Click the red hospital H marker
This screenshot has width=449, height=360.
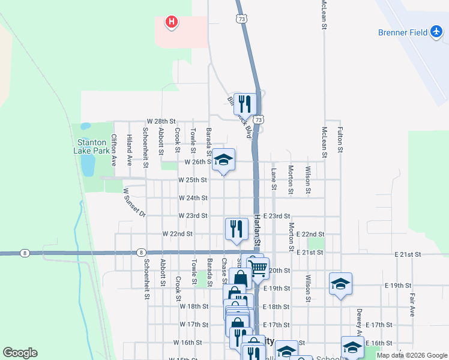(x=172, y=23)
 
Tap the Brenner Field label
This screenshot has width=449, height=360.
(x=402, y=32)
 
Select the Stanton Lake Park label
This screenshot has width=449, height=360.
(x=92, y=147)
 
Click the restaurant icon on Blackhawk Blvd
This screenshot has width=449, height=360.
(x=245, y=103)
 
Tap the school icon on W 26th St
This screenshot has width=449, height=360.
(x=224, y=160)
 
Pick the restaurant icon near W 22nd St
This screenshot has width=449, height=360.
(x=237, y=229)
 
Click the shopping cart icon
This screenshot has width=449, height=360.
(x=258, y=268)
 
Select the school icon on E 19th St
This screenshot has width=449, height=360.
(x=340, y=283)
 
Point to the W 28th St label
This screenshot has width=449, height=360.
(x=161, y=121)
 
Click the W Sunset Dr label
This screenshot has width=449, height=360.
(x=134, y=203)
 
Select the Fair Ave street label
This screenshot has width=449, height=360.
(x=412, y=304)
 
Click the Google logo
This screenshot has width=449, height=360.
(x=20, y=353)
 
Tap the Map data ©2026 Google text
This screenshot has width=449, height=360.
(x=411, y=355)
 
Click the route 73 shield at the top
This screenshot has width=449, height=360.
(x=241, y=19)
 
